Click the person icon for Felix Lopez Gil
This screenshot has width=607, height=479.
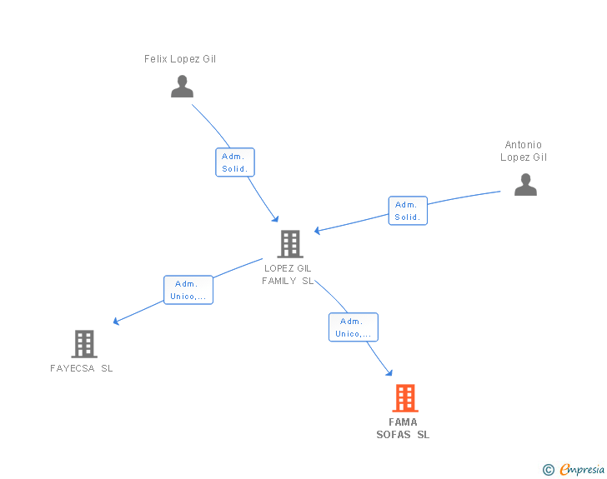[182, 87]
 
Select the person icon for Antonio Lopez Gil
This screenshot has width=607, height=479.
[525, 184]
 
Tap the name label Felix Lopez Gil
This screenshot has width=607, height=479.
[180, 59]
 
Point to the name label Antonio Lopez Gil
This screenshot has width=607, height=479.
[524, 151]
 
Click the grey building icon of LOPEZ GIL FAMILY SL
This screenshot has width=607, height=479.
[289, 244]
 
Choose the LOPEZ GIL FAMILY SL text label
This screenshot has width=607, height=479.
[288, 274]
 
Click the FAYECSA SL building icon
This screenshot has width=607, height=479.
[84, 343]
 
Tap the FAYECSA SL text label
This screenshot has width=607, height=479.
[82, 368]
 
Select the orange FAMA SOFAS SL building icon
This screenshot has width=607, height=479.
[404, 398]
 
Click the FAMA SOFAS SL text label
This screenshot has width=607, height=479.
[403, 428]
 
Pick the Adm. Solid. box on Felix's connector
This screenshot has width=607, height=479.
[234, 162]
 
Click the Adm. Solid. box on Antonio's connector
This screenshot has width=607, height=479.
[407, 211]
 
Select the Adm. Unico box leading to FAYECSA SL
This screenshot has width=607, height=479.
[188, 290]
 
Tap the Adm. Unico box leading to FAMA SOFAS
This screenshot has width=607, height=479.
[353, 327]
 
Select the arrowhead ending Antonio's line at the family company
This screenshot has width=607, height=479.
[318, 231]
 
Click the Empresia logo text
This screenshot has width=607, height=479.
[581, 469]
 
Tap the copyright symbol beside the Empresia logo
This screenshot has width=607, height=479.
[549, 470]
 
